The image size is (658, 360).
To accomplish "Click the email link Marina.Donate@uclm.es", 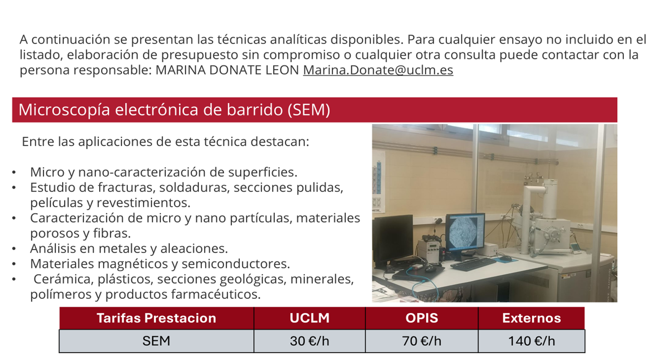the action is pyautogui.click(x=378, y=70).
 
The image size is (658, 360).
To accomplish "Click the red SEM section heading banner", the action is pyautogui.click(x=314, y=110).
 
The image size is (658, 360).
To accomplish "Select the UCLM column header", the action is pyautogui.click(x=309, y=318).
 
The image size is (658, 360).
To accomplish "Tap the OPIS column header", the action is pyautogui.click(x=421, y=318).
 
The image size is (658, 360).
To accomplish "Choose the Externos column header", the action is pyautogui.click(x=531, y=318).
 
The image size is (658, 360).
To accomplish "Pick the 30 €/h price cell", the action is pyautogui.click(x=309, y=341).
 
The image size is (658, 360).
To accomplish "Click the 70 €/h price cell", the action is pyautogui.click(x=421, y=341).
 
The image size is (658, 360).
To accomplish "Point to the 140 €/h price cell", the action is pyautogui.click(x=531, y=341).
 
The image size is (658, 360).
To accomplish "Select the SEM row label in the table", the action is pyautogui.click(x=156, y=341).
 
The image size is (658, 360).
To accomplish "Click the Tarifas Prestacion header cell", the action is pyautogui.click(x=156, y=318).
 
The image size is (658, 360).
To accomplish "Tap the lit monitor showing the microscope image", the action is pyautogui.click(x=465, y=233).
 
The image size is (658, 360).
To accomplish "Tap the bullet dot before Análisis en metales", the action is pyautogui.click(x=14, y=249).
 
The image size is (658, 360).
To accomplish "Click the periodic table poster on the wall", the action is pyautogui.click(x=379, y=182).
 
